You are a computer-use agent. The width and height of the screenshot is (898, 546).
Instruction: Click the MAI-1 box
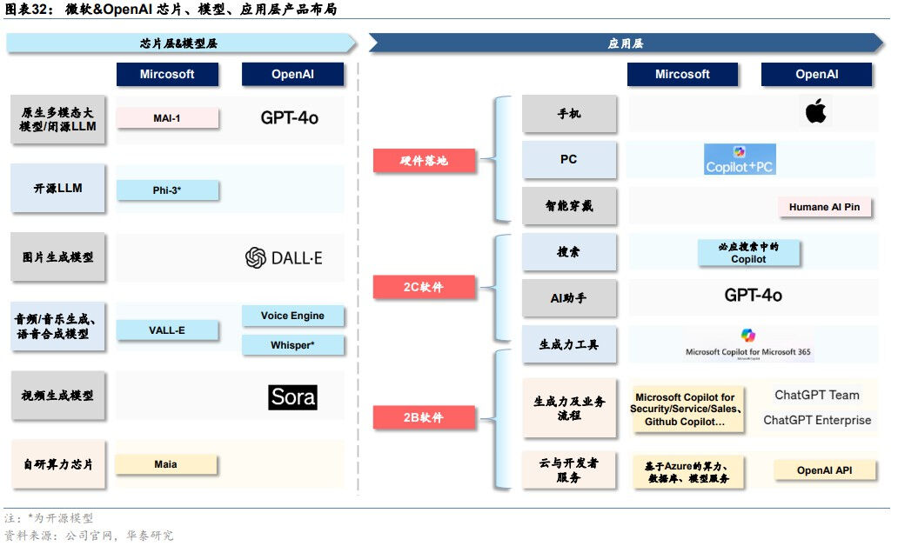(x=166, y=118)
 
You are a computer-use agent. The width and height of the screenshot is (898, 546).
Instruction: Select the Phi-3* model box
(x=166, y=190)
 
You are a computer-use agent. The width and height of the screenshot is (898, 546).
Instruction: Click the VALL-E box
(x=166, y=330)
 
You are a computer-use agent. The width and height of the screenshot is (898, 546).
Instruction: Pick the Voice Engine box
(x=292, y=316)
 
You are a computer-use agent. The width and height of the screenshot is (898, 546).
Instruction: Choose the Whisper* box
(x=292, y=345)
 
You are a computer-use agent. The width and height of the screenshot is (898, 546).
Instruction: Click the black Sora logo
(x=292, y=397)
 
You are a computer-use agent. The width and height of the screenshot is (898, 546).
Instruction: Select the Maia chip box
(x=166, y=464)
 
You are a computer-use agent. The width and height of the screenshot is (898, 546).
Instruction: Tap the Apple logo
(x=815, y=112)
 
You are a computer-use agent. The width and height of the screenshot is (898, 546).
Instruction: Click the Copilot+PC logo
(x=740, y=160)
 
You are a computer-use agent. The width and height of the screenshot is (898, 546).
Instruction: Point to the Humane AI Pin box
(x=824, y=207)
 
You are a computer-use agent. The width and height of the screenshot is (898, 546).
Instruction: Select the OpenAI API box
(x=824, y=470)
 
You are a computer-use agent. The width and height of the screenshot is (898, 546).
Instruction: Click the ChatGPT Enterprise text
(x=816, y=420)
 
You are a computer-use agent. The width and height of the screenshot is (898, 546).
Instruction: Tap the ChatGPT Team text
(x=816, y=395)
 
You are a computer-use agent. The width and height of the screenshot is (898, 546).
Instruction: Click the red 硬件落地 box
(x=425, y=160)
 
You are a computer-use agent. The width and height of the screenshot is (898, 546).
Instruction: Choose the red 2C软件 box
(x=425, y=287)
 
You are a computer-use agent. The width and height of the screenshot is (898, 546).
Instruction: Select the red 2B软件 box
(x=425, y=418)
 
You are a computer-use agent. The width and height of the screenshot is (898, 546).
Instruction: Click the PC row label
(x=569, y=160)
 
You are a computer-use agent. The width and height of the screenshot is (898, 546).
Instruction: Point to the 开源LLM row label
(x=57, y=188)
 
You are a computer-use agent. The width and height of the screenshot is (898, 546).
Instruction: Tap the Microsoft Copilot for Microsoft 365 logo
(x=748, y=345)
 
